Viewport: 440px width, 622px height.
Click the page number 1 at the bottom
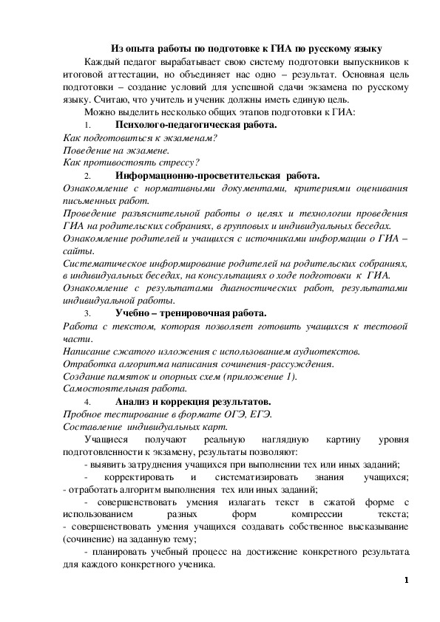tap(406, 579)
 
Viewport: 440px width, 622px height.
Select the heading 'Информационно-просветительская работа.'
tap(217, 175)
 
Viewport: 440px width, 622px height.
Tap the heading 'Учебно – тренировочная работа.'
tap(190, 313)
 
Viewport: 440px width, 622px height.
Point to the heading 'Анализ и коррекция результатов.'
tap(194, 401)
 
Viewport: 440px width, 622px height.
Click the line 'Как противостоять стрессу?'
tap(132, 163)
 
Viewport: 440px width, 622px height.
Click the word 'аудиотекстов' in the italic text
tap(326, 351)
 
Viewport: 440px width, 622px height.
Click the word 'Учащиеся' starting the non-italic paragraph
tap(106, 440)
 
